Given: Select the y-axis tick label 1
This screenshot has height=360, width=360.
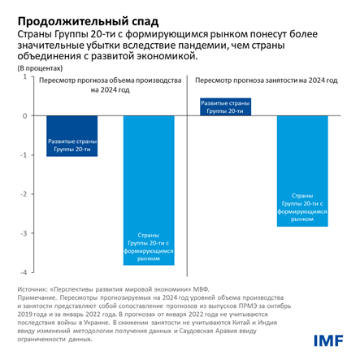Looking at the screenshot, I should tap(24, 76).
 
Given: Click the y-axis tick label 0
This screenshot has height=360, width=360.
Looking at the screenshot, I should tap(24, 115).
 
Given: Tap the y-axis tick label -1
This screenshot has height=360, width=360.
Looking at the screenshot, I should tap(22, 154).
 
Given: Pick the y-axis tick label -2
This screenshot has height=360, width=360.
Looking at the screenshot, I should tap(22, 193).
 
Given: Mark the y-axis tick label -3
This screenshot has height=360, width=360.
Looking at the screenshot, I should tap(22, 233).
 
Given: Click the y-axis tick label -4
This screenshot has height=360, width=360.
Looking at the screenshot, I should tap(22, 272).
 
